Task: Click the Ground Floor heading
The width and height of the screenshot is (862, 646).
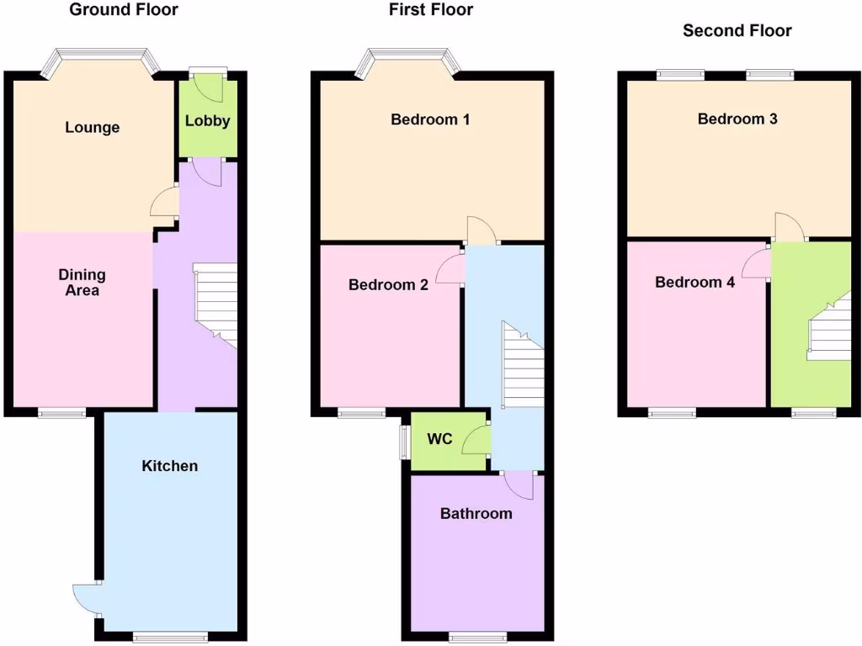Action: [x=123, y=10]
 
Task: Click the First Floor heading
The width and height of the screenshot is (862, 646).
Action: [x=430, y=10]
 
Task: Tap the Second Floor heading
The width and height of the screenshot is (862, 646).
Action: [x=737, y=31]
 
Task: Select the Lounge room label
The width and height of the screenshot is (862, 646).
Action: [x=93, y=128]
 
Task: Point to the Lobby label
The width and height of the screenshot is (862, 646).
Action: [x=207, y=120]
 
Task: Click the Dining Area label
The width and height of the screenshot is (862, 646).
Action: [x=82, y=283]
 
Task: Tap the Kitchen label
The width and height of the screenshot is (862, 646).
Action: [x=169, y=465]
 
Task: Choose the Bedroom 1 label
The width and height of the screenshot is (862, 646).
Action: [x=430, y=119]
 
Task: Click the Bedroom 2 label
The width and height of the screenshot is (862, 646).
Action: [x=388, y=285]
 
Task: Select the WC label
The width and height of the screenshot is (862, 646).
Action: [x=440, y=439]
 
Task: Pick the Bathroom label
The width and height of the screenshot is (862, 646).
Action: [x=476, y=513]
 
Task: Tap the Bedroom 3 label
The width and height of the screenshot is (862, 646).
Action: [x=737, y=119]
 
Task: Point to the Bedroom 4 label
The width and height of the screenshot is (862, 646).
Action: [x=694, y=283]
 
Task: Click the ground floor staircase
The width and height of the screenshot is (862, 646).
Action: [x=215, y=303]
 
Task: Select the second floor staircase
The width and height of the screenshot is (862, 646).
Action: [x=829, y=328]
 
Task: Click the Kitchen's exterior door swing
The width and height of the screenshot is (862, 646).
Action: [x=86, y=599]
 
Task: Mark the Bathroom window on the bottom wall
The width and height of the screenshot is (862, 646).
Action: [x=477, y=637]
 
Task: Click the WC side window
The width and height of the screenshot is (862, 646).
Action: [x=404, y=441]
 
